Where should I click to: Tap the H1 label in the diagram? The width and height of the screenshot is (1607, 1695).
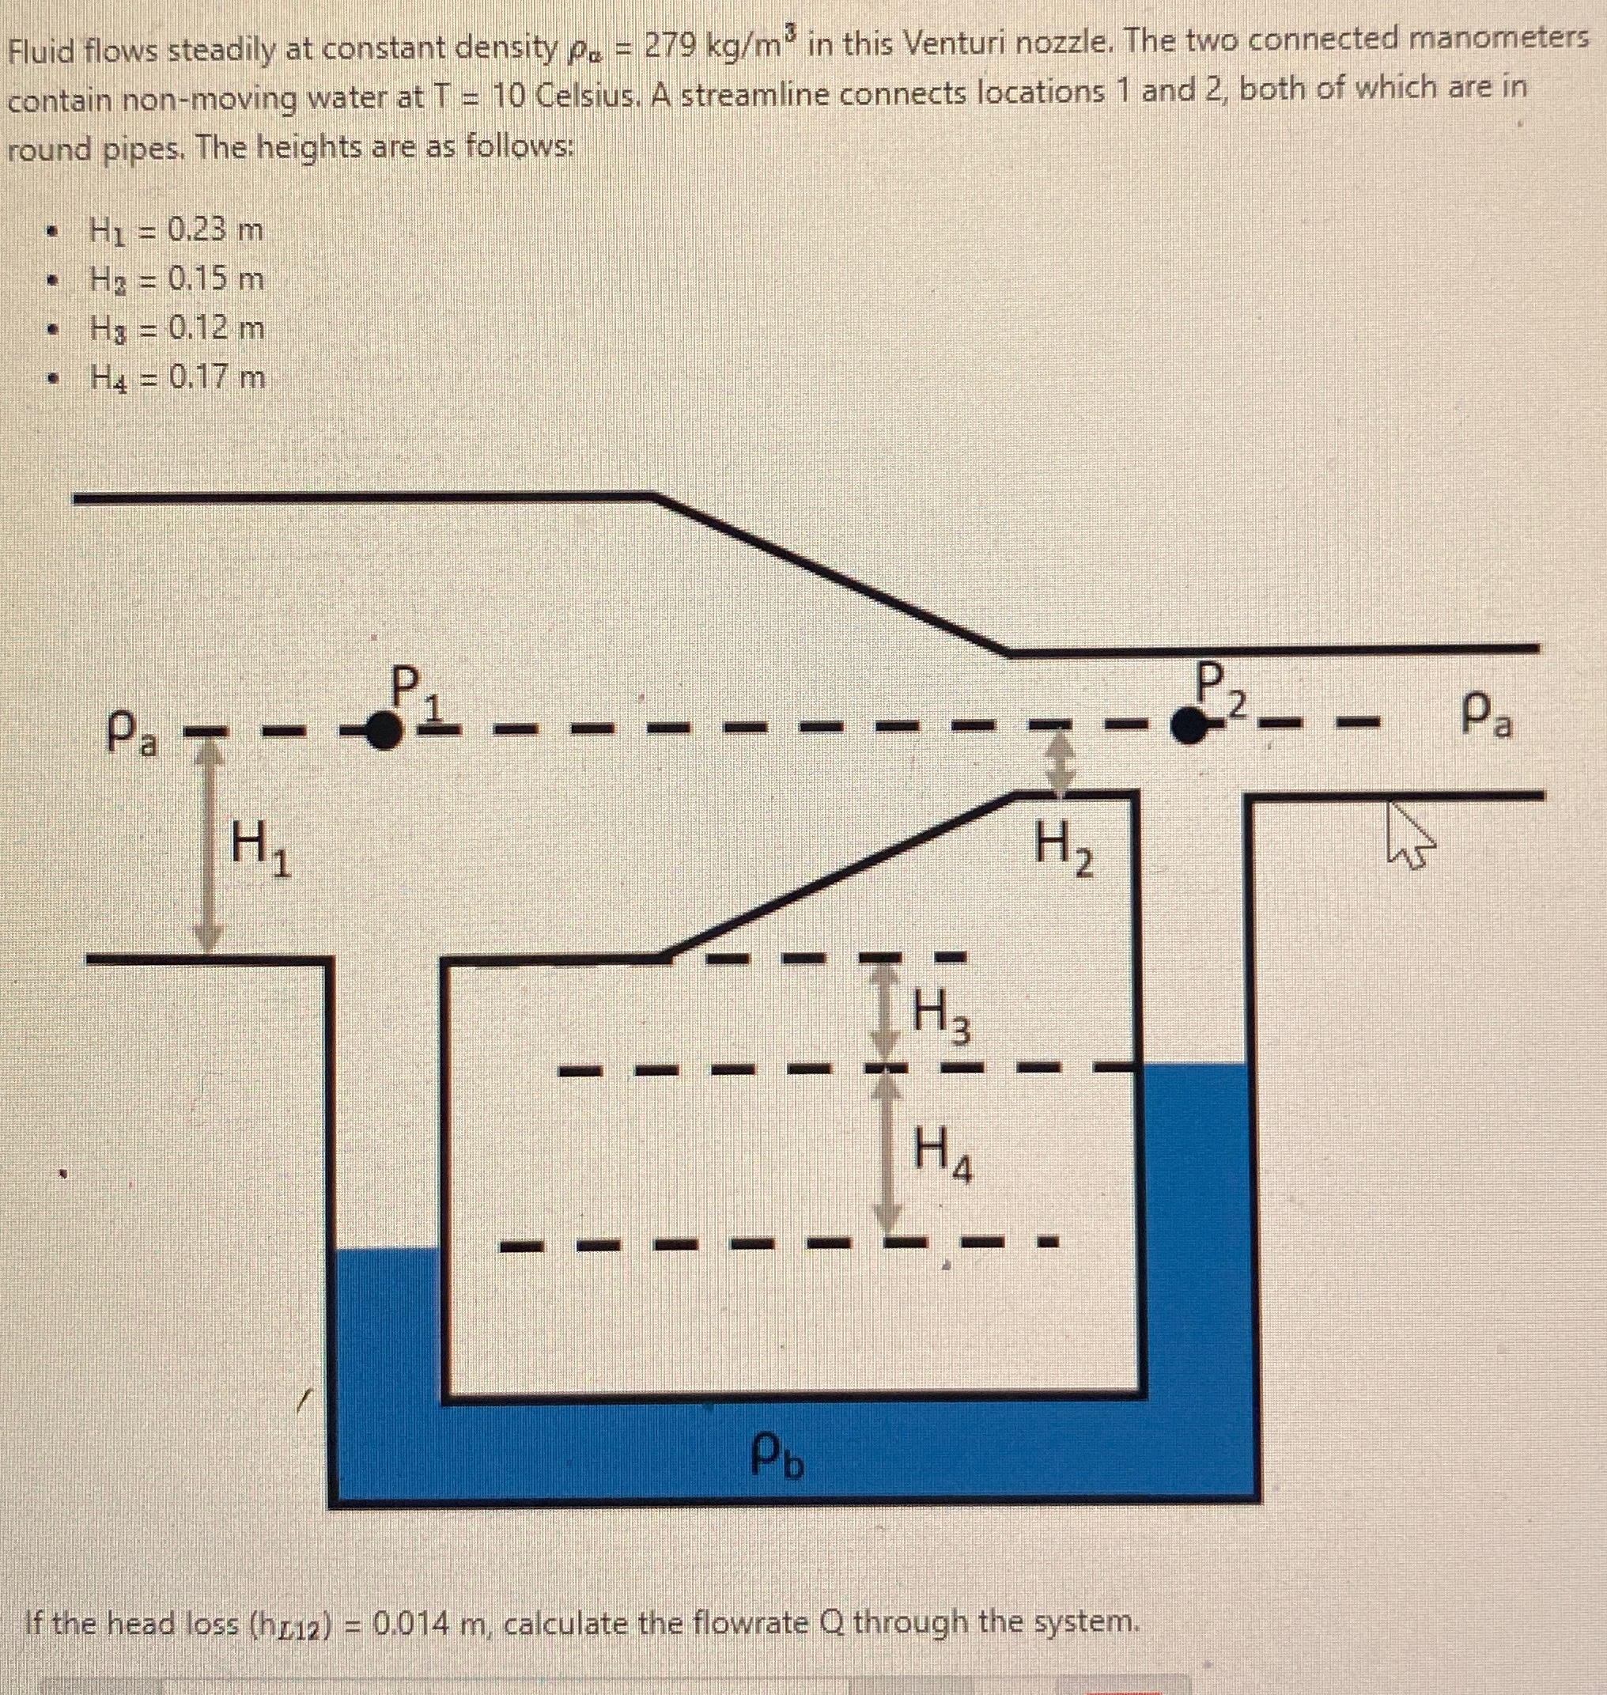(261, 854)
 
